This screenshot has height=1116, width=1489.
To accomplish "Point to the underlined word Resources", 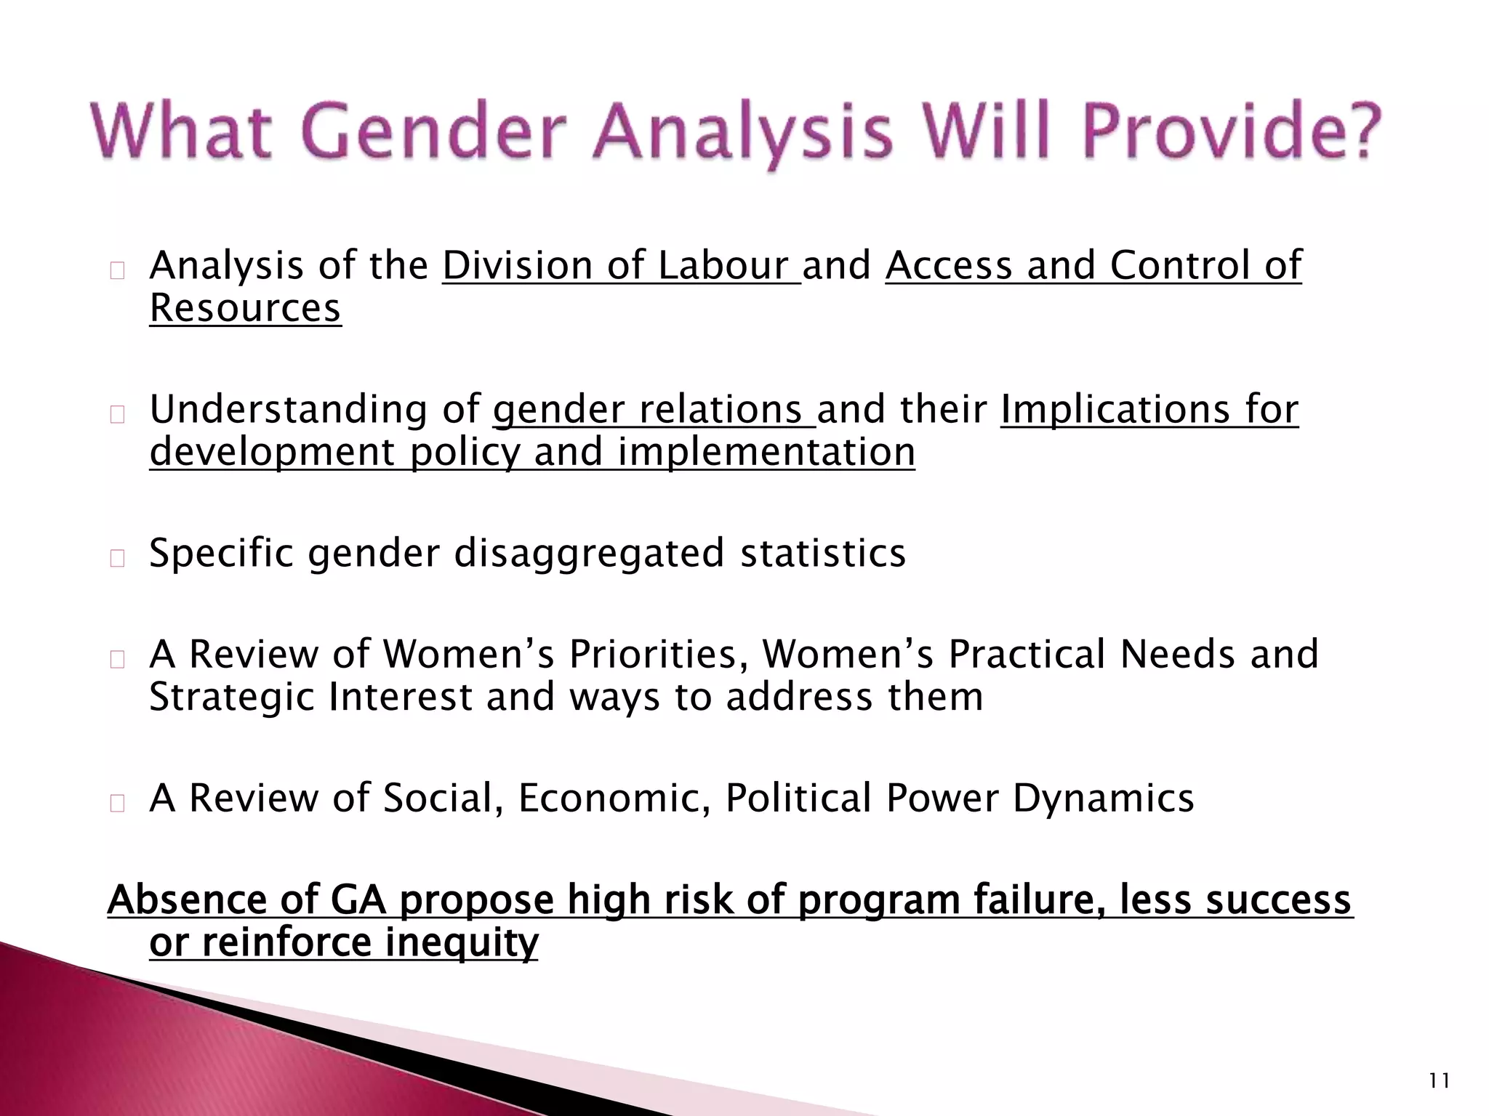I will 245,308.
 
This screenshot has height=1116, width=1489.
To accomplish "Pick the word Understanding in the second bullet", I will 289,410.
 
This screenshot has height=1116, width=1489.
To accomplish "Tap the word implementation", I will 766,452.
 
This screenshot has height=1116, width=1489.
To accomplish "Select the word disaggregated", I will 589,554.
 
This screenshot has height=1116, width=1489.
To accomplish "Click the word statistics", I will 823,553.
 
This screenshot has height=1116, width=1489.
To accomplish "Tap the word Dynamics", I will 1103,798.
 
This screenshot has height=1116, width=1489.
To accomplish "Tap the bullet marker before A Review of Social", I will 118,803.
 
